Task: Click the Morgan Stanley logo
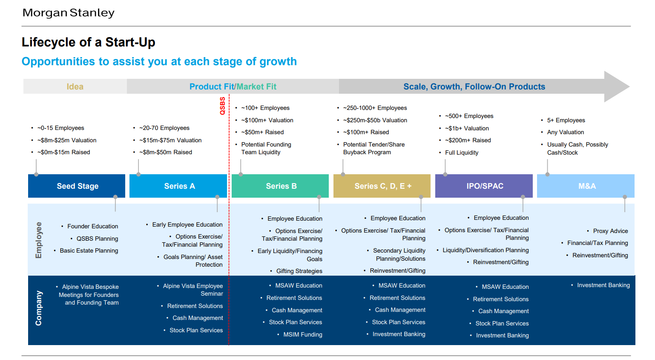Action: tap(69, 13)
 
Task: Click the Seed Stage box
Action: tap(77, 186)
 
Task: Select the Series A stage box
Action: tap(178, 186)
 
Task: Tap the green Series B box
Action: tap(280, 186)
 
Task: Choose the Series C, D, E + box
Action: tap(382, 186)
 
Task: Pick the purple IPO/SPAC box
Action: tap(484, 186)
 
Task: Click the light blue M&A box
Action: tap(586, 186)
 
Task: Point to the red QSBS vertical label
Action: tap(223, 106)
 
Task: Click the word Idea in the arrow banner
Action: tap(75, 86)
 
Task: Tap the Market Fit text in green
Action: tap(256, 86)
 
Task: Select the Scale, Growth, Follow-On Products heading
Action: tap(474, 86)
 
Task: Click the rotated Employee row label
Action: tap(39, 240)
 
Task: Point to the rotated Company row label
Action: tap(39, 308)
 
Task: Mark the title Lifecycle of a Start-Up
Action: tap(88, 43)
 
